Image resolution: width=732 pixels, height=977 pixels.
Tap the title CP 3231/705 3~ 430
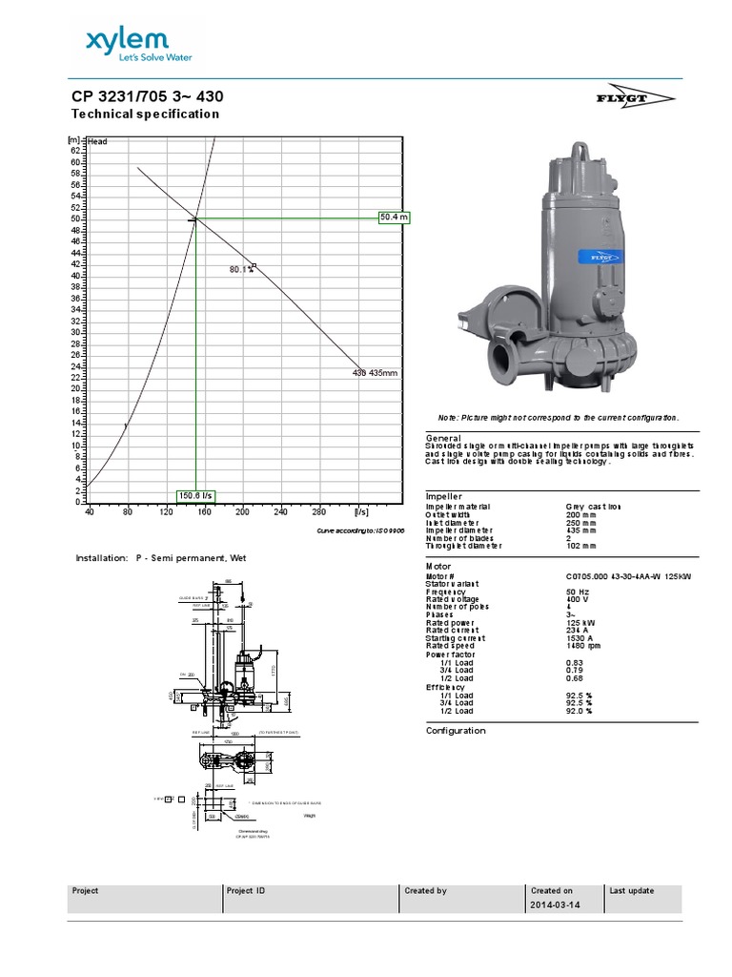pos(149,97)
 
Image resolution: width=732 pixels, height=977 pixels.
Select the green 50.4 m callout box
pos(394,218)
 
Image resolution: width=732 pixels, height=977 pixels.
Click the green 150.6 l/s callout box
pos(196,495)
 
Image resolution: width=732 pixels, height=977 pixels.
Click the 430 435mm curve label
pos(375,373)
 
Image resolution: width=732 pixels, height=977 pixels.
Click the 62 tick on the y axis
pos(76,151)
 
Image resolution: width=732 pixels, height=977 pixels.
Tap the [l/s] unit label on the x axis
pos(361,512)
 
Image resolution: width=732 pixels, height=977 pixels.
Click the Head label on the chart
pos(97,142)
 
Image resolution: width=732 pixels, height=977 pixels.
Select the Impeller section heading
pos(443,497)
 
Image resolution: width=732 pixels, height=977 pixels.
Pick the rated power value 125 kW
pos(580,622)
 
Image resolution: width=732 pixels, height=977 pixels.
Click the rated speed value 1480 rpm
pos(584,646)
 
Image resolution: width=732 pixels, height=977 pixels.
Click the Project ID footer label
pos(246,891)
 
